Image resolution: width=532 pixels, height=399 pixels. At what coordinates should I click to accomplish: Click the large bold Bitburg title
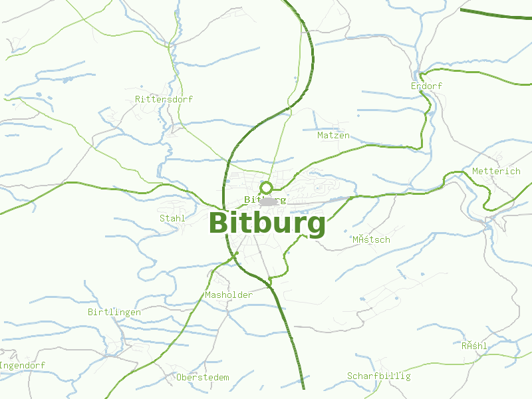267,223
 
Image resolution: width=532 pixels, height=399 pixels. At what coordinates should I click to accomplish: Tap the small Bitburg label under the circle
265,199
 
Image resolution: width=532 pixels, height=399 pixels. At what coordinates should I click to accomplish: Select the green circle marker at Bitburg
266,188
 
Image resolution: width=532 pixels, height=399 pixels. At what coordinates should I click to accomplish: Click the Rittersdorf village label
164,99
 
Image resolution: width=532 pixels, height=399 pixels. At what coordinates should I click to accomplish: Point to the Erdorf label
426,86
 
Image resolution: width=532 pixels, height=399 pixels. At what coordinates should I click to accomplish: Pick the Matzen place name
333,136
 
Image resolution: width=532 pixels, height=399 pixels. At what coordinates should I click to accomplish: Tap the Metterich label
496,172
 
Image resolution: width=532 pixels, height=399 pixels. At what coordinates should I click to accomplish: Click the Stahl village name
172,218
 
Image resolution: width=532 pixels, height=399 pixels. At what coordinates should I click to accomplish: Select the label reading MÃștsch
371,239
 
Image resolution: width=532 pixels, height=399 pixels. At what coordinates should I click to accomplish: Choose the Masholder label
229,295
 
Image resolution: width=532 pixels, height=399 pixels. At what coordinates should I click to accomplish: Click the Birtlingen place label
114,312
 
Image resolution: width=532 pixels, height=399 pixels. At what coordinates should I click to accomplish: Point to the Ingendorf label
23,366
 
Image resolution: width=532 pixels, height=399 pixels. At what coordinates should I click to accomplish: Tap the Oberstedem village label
203,378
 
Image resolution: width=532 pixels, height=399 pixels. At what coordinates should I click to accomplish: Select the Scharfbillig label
379,376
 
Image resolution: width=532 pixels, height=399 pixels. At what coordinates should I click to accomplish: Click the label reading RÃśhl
475,346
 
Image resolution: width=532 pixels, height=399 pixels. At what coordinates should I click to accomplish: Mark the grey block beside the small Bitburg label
269,201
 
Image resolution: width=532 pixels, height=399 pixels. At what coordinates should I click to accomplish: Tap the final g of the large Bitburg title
316,226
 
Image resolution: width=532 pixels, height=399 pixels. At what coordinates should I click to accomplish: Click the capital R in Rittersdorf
138,99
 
